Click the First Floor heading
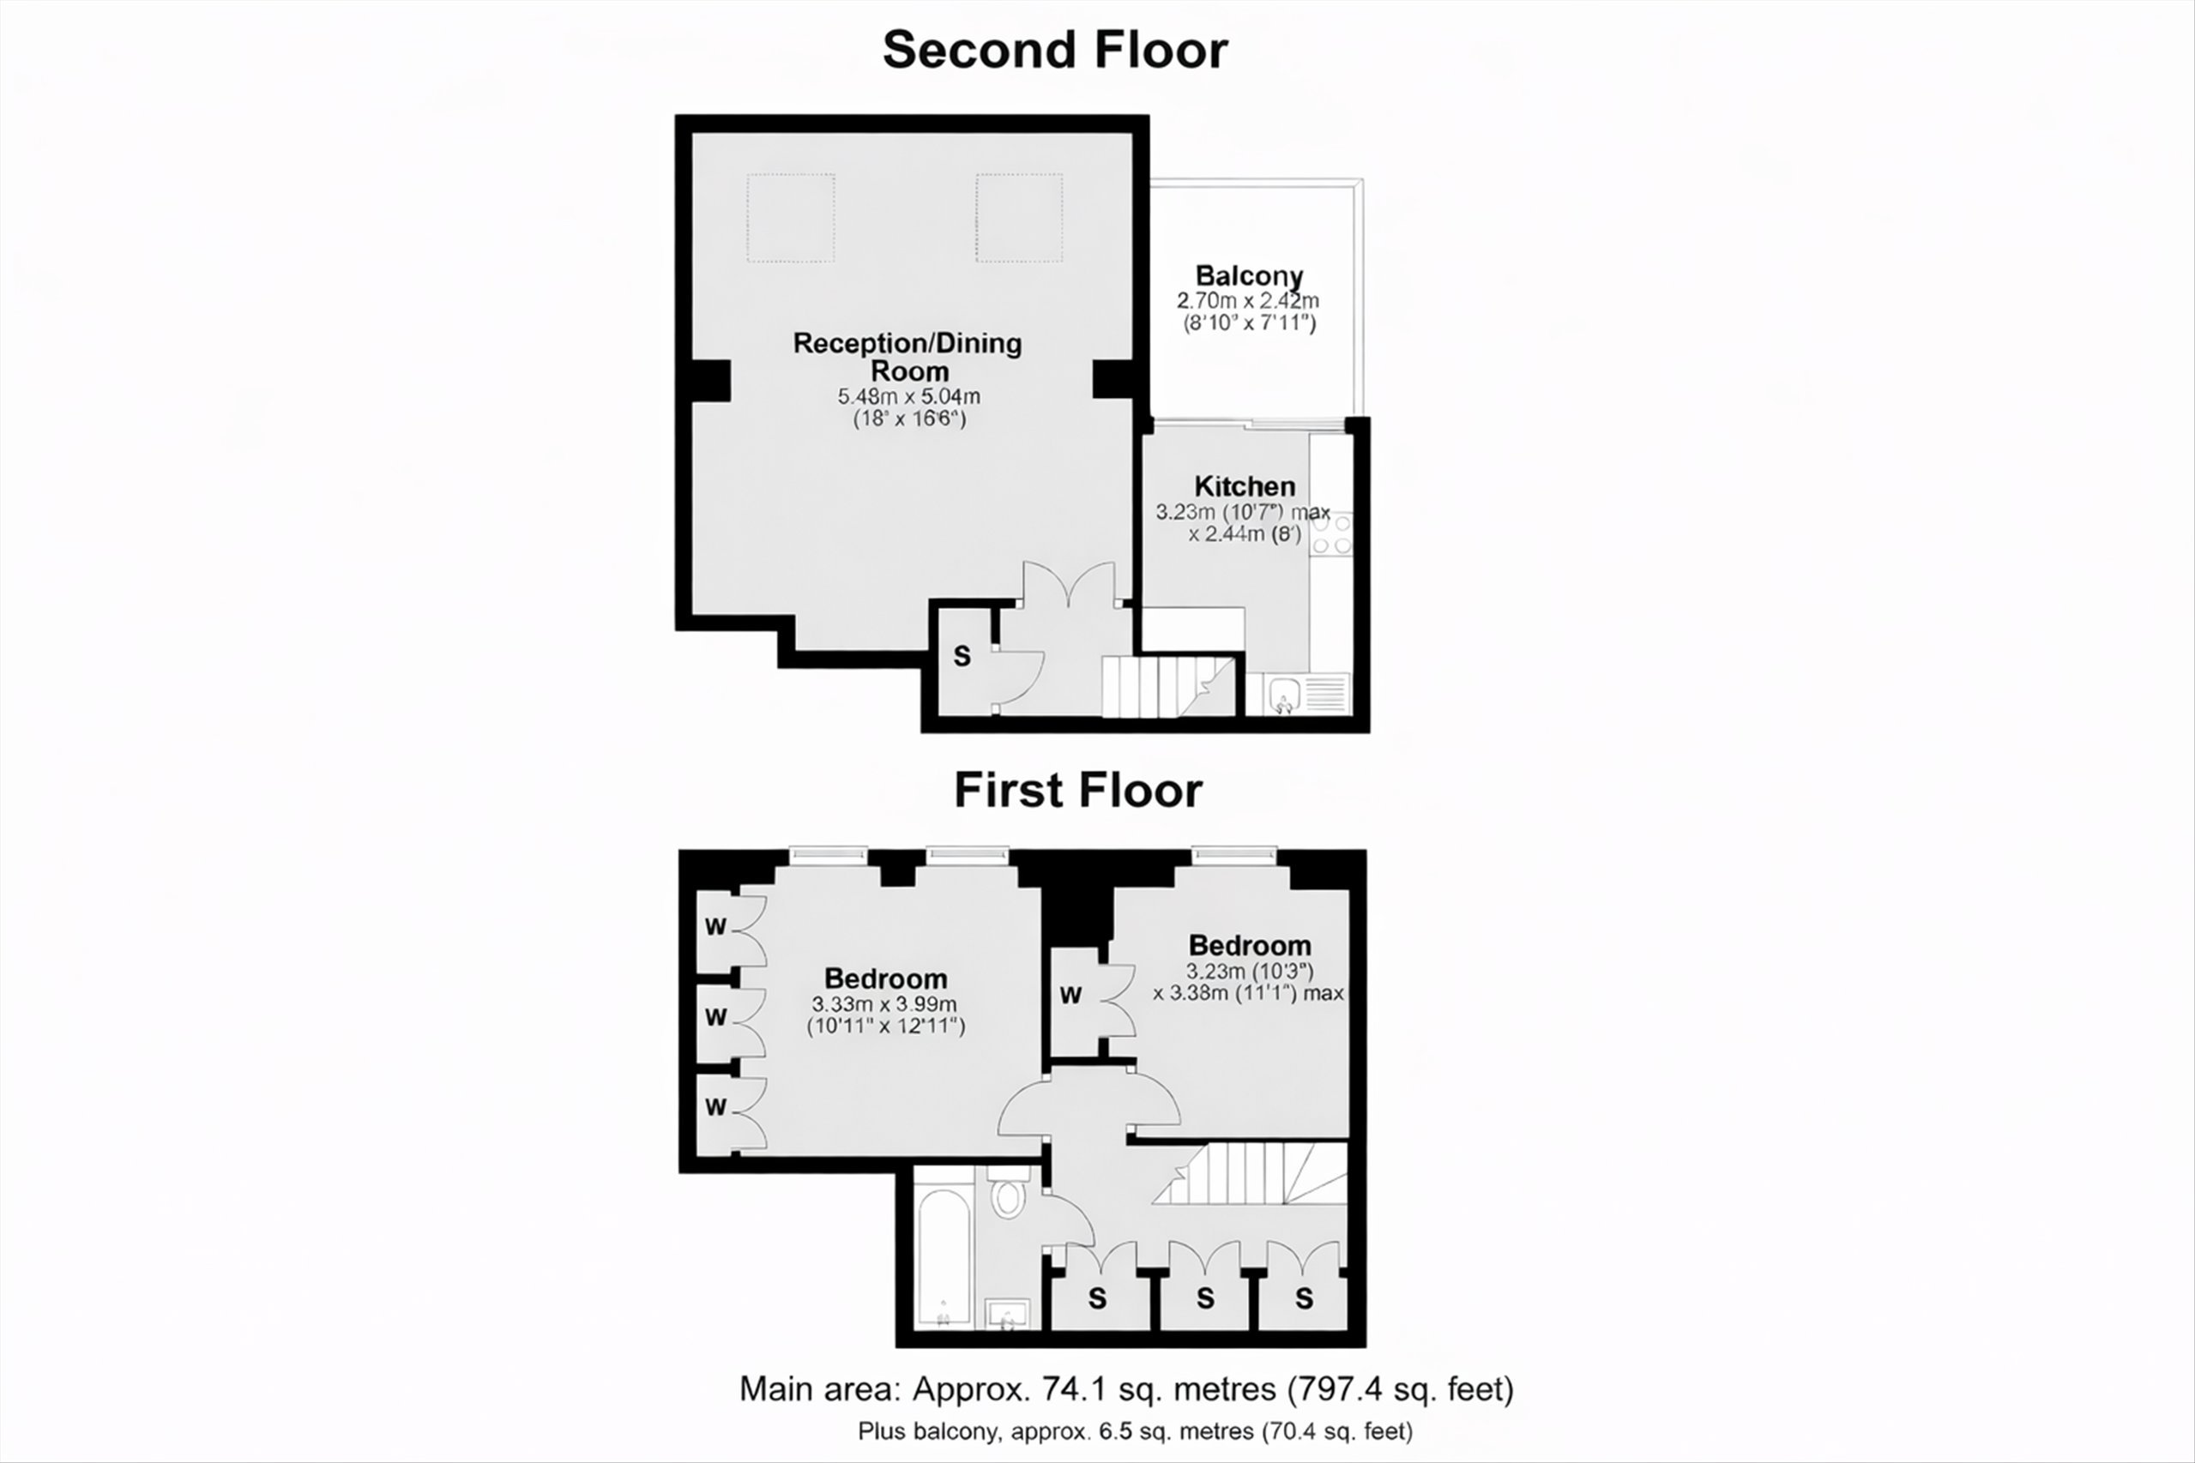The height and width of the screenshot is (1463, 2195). pyautogui.click(x=1078, y=791)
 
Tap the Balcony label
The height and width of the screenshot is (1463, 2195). pyautogui.click(x=1249, y=276)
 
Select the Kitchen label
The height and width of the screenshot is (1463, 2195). pyautogui.click(x=1245, y=486)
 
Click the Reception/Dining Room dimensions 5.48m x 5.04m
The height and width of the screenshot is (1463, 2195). pyautogui.click(x=909, y=395)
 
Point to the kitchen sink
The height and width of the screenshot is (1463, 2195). pyautogui.click(x=1285, y=694)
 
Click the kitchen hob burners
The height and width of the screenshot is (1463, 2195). pyautogui.click(x=1331, y=533)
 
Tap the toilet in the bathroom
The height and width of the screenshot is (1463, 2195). pyautogui.click(x=1007, y=1194)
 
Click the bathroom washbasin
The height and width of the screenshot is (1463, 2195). pyautogui.click(x=1007, y=1314)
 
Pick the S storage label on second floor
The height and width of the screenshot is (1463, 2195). pyautogui.click(x=962, y=657)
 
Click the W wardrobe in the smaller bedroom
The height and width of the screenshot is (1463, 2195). pyautogui.click(x=1070, y=995)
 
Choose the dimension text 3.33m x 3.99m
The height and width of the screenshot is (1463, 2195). pyautogui.click(x=883, y=1005)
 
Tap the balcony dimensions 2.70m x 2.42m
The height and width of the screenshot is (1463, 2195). pyautogui.click(x=1249, y=301)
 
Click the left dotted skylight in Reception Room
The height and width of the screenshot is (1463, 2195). pyautogui.click(x=791, y=219)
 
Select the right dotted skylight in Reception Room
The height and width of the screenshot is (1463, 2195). pyautogui.click(x=1019, y=219)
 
